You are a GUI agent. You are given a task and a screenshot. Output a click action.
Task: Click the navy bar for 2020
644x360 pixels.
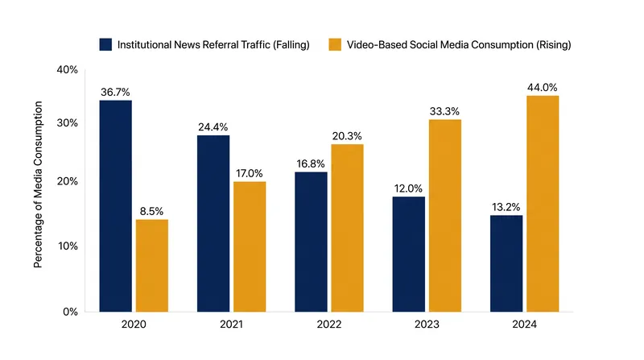coord(115,206)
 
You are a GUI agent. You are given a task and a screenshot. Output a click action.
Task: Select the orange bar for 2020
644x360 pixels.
coord(152,266)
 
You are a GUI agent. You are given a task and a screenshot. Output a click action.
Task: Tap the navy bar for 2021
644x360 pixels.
coord(213,224)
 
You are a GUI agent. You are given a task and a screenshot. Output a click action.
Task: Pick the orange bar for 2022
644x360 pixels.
coord(347,228)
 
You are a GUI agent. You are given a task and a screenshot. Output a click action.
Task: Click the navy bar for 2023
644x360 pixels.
coord(409,254)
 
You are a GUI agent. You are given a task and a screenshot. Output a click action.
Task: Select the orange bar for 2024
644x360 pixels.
coord(543,204)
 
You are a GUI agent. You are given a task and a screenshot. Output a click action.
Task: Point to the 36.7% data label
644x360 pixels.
coord(115,92)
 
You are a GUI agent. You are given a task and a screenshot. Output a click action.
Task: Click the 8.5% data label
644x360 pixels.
coord(151,211)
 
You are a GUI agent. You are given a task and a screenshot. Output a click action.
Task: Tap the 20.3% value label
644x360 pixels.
coord(347,136)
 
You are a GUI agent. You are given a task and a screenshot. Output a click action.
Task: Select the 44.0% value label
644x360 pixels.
coord(543,88)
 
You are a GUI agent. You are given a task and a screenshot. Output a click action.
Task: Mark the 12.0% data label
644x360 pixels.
coord(408,188)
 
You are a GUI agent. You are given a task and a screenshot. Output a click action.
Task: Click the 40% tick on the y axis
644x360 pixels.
coord(68,70)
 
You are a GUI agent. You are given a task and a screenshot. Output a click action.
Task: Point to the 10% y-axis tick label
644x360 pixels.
coord(68,246)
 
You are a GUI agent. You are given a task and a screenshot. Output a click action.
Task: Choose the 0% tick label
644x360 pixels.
coord(70,312)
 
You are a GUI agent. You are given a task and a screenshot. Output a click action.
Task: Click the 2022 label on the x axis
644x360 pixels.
coord(329,325)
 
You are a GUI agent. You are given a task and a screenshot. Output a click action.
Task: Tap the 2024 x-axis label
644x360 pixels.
coord(525,325)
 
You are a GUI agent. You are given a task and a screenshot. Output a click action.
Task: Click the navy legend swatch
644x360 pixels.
coord(105,45)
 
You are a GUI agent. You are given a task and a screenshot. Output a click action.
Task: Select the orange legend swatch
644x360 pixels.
coord(335,45)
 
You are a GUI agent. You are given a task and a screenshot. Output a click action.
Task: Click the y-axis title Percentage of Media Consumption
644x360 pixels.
coord(38,184)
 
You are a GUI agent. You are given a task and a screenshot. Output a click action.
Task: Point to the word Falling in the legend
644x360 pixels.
coord(291,45)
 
